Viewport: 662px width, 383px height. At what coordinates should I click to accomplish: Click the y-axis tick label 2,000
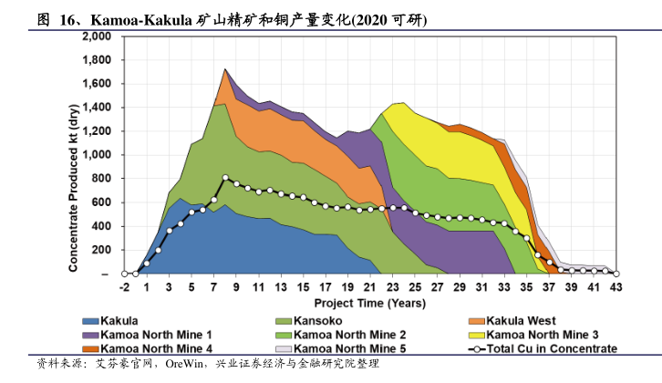97,36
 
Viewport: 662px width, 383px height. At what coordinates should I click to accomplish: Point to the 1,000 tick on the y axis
97,155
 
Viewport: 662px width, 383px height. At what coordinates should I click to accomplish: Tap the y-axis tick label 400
102,226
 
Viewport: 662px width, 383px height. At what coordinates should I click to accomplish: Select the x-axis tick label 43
616,288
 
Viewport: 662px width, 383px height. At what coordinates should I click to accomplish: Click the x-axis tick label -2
124,288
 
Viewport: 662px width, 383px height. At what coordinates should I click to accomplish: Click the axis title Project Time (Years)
369,302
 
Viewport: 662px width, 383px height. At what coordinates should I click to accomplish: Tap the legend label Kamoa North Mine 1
157,335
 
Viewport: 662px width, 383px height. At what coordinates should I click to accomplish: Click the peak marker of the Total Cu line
225,178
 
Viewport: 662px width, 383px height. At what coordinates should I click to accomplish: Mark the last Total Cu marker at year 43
616,273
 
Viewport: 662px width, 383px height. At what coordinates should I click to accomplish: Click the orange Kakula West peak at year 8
225,69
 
